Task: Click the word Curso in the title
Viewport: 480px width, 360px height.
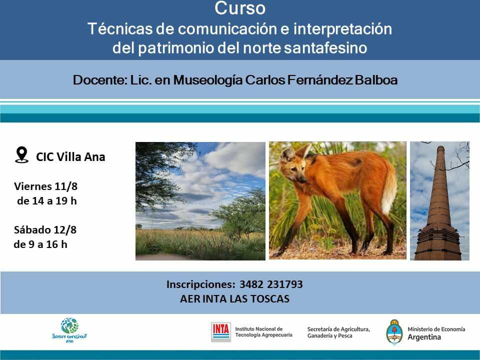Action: (240, 8)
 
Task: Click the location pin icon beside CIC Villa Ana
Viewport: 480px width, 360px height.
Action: (21, 155)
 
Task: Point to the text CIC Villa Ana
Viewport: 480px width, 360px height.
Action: (70, 156)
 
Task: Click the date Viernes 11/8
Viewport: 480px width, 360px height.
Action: (46, 186)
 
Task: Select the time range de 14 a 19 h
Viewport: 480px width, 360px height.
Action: (46, 201)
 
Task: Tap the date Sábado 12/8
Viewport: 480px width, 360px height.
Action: (45, 230)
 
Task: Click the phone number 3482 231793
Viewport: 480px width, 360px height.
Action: (271, 284)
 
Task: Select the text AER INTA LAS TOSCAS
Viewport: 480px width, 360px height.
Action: (234, 299)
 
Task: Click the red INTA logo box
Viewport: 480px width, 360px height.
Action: (220, 331)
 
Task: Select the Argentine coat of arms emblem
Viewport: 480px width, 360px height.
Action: (394, 331)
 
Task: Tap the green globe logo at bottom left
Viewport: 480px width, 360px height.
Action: (69, 326)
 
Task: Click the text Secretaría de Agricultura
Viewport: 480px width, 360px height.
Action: (338, 329)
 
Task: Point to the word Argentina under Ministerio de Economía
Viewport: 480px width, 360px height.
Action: (424, 337)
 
